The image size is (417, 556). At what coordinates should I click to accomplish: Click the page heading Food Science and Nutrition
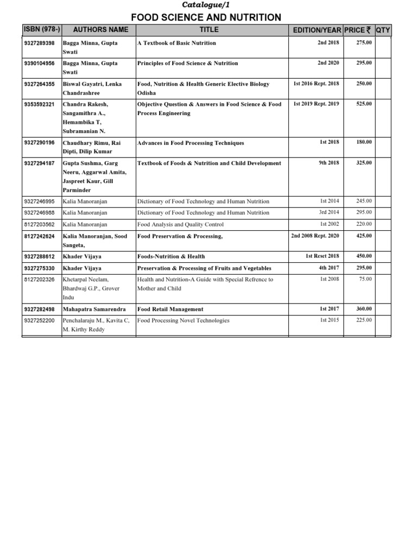206,17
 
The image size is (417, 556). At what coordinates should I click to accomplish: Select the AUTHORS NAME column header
100,29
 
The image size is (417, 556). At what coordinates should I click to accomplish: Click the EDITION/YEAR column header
316,29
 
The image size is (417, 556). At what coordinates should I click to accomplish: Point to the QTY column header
383,29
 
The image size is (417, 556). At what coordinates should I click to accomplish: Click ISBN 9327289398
40,43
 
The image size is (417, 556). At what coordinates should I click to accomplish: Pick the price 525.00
364,104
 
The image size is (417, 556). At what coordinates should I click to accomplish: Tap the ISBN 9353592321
40,104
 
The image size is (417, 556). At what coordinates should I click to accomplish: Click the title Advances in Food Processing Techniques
191,143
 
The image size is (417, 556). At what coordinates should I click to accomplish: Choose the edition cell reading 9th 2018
328,163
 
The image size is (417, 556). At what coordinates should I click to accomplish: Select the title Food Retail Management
170,308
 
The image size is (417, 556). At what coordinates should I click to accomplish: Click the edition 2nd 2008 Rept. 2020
315,236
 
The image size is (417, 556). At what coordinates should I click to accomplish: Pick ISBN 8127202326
40,279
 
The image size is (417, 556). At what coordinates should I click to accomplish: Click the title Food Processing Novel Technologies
184,320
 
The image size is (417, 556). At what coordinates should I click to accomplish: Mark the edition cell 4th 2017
328,268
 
